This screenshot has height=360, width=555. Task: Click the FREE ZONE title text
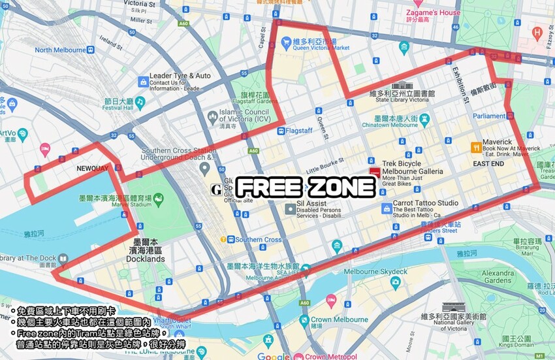pyautogui.click(x=306, y=188)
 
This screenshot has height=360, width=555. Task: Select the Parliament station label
pyautogui.click(x=490, y=116)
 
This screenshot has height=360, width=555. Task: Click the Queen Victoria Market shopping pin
pyautogui.click(x=286, y=42)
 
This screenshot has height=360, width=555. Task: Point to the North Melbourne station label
pyautogui.click(x=61, y=50)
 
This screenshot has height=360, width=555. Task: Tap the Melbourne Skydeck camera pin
pyautogui.click(x=395, y=282)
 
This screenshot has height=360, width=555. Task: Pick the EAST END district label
pyautogui.click(x=488, y=163)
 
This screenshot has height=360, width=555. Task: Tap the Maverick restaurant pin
pyautogui.click(x=475, y=146)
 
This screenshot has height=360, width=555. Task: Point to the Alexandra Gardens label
pyautogui.click(x=498, y=276)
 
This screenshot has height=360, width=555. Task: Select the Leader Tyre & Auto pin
pyautogui.click(x=143, y=82)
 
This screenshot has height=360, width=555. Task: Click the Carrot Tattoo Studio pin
pyautogui.click(x=387, y=208)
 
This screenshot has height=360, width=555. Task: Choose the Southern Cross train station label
pyautogui.click(x=259, y=240)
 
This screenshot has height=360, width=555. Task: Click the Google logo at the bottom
pyautogui.click(x=274, y=356)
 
